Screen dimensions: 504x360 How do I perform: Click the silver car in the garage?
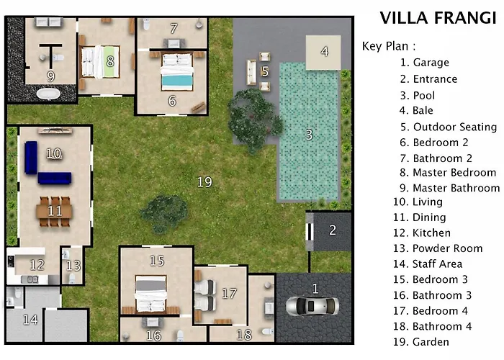(x=312, y=306)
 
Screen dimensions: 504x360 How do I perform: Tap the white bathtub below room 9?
(x=48, y=94)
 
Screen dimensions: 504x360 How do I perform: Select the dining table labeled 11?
(x=54, y=212)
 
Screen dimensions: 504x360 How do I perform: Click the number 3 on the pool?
(x=309, y=135)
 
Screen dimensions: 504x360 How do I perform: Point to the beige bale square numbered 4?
(x=323, y=53)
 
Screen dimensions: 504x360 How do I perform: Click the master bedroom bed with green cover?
(x=100, y=62)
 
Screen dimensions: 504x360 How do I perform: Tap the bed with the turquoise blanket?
(x=177, y=72)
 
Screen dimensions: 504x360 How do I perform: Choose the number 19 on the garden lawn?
(x=204, y=182)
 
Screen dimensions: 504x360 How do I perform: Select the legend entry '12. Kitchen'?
(x=422, y=233)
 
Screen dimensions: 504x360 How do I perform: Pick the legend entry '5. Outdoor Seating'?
(x=449, y=127)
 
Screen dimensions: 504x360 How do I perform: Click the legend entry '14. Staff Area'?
(x=428, y=264)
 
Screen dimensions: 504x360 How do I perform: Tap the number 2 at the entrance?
(x=333, y=230)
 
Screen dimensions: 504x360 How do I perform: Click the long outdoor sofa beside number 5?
(x=251, y=72)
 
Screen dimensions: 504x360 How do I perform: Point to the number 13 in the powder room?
(x=73, y=266)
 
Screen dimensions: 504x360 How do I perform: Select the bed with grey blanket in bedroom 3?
(x=150, y=294)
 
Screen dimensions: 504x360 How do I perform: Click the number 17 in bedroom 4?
(x=229, y=293)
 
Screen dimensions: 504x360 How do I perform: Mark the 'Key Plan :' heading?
(x=389, y=46)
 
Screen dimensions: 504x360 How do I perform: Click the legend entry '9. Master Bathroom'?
(x=450, y=188)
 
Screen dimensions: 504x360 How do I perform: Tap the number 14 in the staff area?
(x=30, y=320)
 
